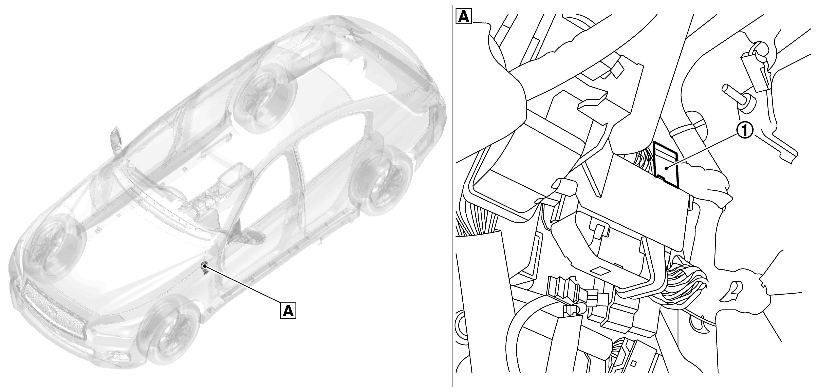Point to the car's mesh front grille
click(54, 308)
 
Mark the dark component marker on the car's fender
click(205, 268)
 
